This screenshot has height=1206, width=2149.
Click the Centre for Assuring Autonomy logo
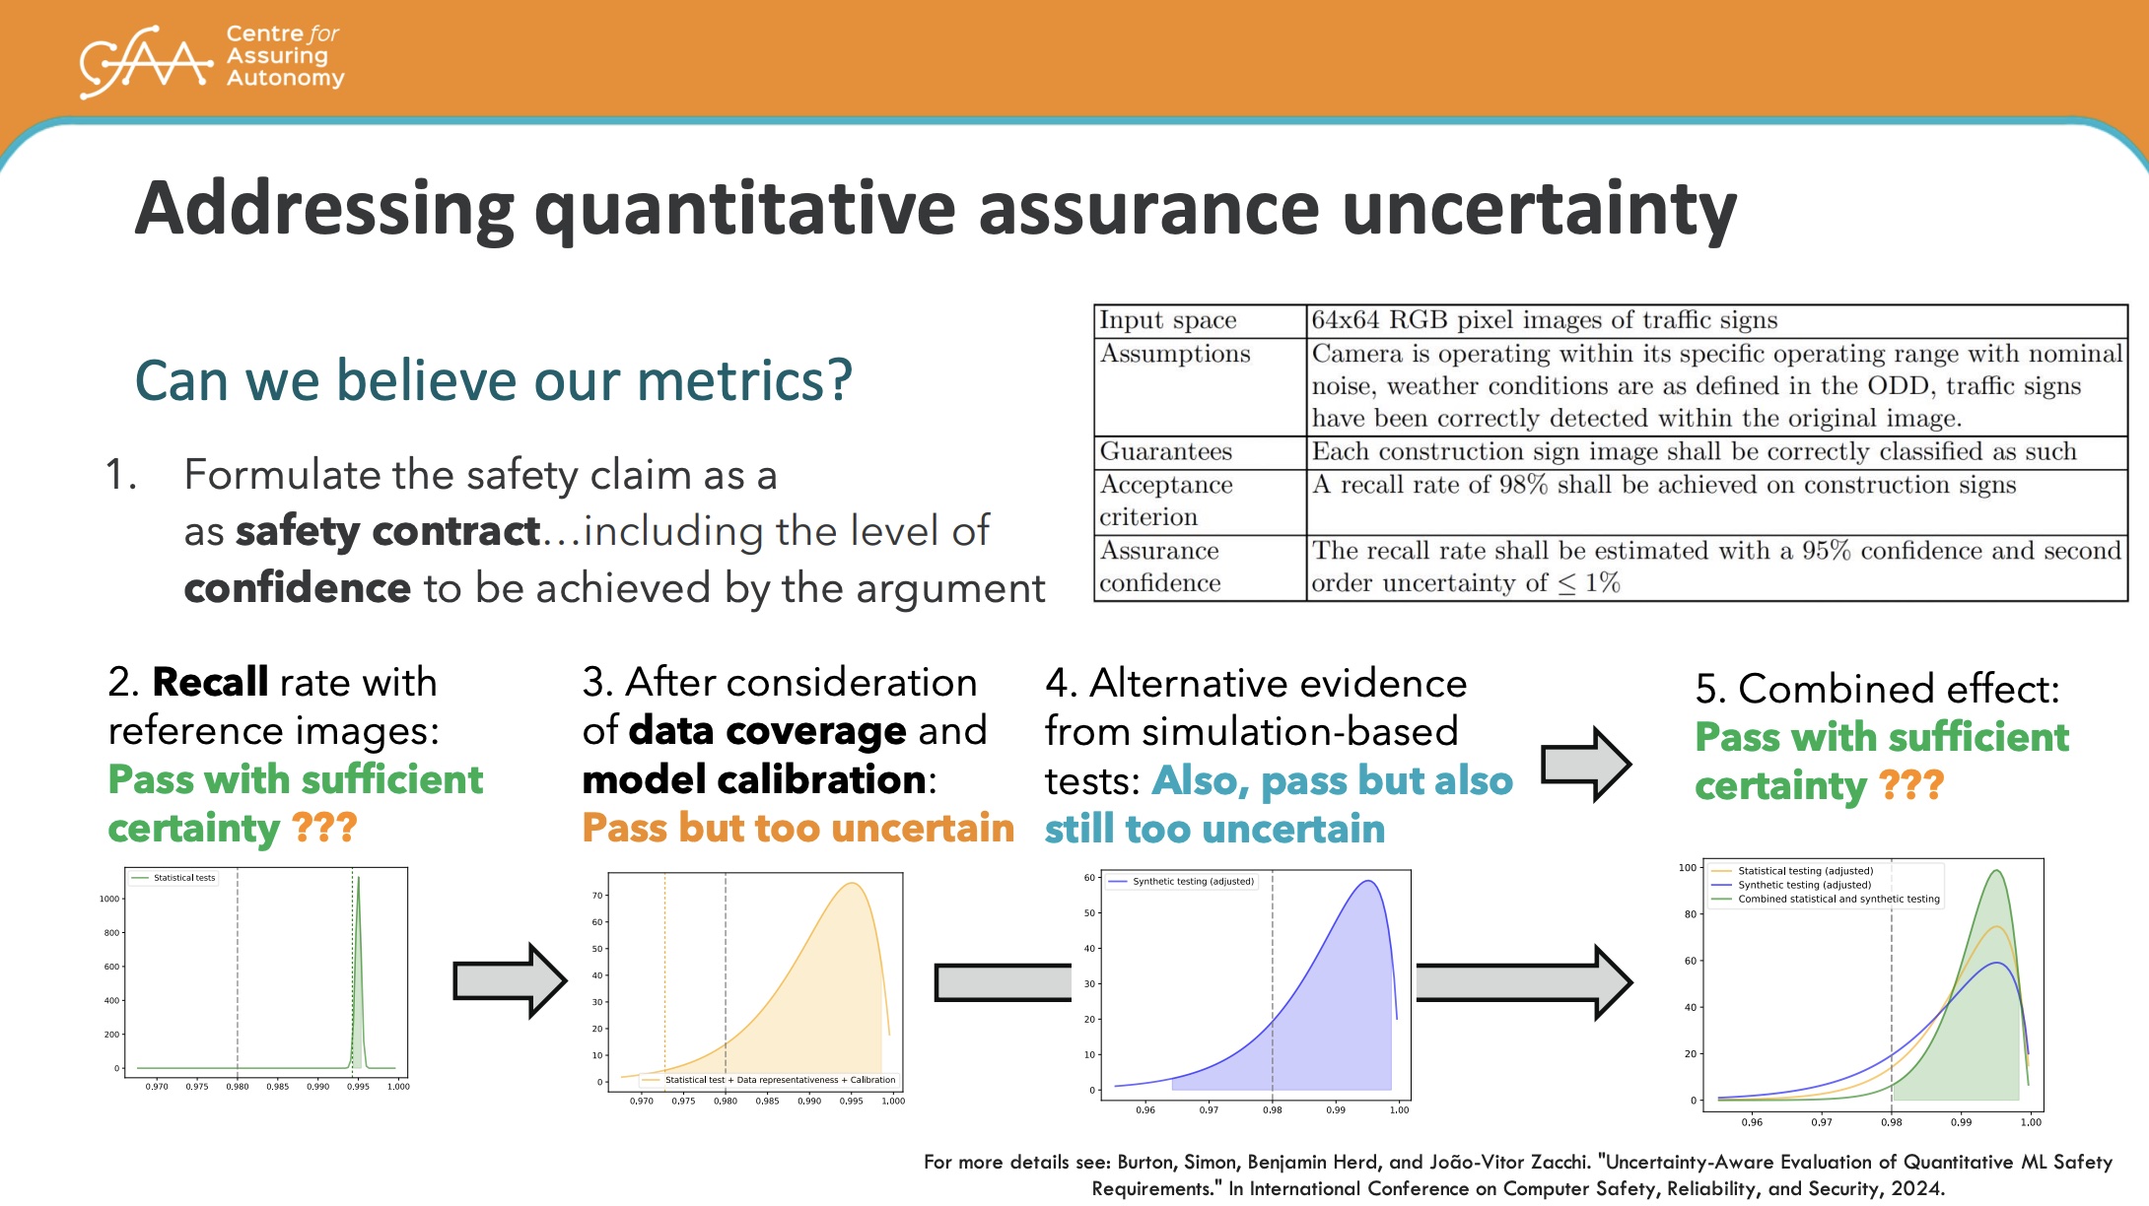click(212, 61)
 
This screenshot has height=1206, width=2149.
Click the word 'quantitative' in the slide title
click(744, 210)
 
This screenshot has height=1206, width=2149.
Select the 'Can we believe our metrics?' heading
click(493, 380)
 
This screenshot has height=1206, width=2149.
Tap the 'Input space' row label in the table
click(1167, 320)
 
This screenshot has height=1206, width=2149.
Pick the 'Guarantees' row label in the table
click(1165, 451)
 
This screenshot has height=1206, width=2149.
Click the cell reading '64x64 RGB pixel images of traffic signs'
click(1544, 320)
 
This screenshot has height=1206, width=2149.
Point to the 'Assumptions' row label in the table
click(1174, 354)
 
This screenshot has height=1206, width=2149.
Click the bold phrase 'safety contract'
click(387, 532)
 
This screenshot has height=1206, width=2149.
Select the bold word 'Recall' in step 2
click(210, 682)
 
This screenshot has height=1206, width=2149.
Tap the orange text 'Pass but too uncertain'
click(797, 828)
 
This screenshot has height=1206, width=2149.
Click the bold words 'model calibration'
click(754, 779)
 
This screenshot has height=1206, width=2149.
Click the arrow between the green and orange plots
click(510, 980)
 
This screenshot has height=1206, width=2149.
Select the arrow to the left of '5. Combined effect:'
click(1586, 765)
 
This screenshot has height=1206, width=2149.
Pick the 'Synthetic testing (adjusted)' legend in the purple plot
click(1182, 882)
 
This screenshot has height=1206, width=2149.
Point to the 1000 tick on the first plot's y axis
click(108, 899)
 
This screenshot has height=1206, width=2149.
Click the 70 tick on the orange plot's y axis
click(597, 896)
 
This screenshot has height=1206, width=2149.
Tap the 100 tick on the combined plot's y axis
click(1688, 868)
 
